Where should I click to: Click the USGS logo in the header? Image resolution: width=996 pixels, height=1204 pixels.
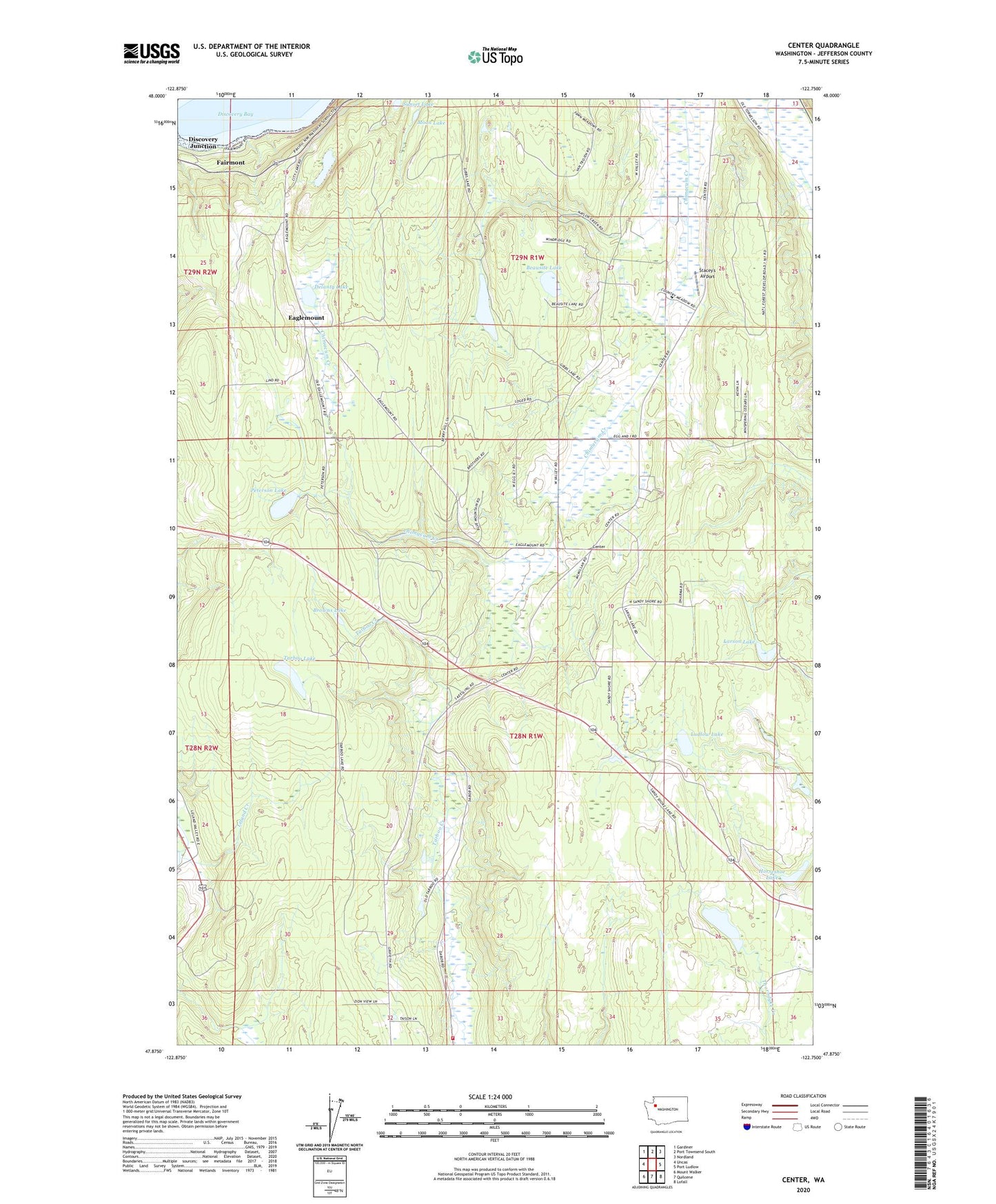click(x=152, y=53)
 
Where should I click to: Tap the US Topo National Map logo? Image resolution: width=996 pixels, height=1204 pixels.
click(x=495, y=56)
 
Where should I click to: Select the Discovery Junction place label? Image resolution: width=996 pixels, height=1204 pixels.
click(x=203, y=142)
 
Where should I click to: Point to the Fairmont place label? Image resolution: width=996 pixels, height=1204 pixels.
click(x=230, y=163)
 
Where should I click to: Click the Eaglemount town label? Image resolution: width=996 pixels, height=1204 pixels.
click(x=306, y=318)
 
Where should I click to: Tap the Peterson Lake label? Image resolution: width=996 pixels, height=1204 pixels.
click(x=269, y=490)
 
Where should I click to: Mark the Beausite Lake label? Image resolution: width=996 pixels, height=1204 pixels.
click(x=544, y=268)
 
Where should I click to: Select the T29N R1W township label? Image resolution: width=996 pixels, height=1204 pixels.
click(x=533, y=257)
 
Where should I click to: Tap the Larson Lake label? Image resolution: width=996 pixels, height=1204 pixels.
click(x=739, y=641)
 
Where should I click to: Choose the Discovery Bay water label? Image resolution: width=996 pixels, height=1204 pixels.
click(x=235, y=114)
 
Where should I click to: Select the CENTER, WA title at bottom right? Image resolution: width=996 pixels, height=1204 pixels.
click(x=803, y=1180)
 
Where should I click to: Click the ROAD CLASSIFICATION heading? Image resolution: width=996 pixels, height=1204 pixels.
click(x=803, y=1096)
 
